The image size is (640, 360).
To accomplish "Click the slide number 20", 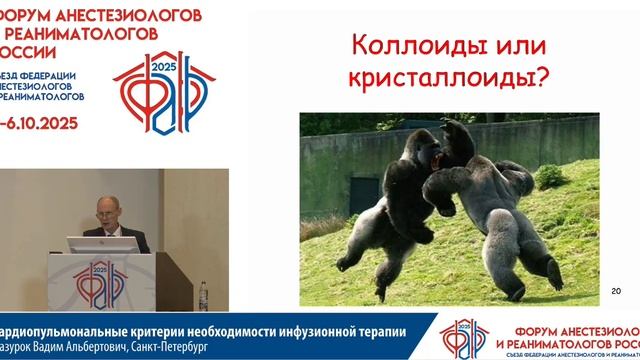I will pyautogui.click(x=615, y=291).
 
